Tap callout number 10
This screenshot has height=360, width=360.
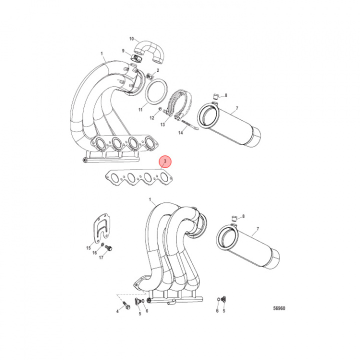[x=132, y=38]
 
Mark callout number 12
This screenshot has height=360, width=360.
[x=152, y=118]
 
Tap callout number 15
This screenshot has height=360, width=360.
[x=88, y=247]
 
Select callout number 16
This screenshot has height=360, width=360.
[x=94, y=253]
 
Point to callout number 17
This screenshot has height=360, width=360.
[x=101, y=258]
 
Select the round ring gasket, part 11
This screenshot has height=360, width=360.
[x=157, y=92]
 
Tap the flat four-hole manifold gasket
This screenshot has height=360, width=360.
[x=137, y=178]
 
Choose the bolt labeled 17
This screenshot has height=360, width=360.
[x=111, y=248]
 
